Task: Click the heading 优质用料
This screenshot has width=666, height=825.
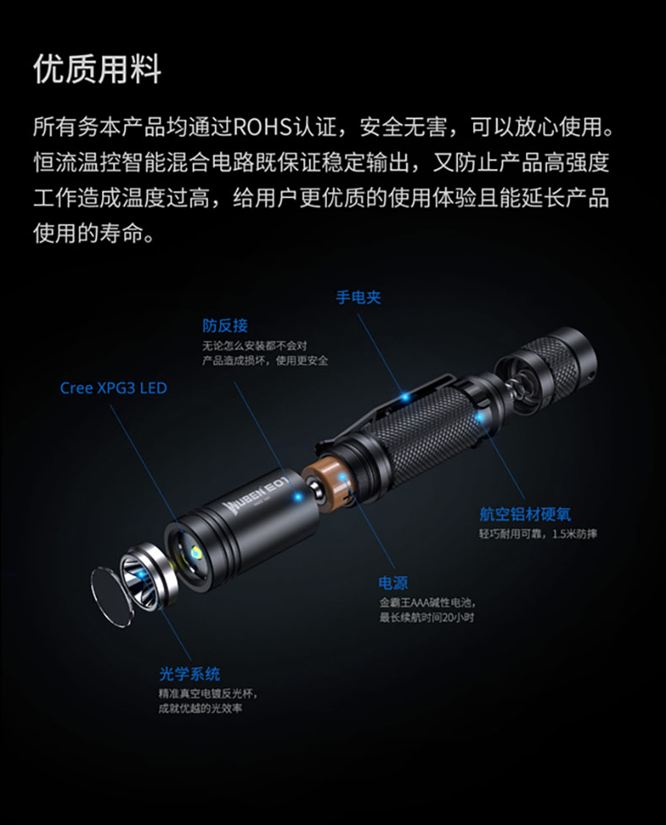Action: [98, 69]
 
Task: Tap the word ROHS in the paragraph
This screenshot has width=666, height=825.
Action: [261, 126]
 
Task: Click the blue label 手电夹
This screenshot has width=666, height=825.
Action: [358, 297]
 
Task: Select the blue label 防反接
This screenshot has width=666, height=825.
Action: [225, 325]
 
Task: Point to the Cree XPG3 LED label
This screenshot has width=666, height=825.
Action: [113, 388]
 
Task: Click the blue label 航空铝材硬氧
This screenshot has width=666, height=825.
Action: [525, 514]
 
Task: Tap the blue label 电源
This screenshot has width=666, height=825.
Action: [393, 583]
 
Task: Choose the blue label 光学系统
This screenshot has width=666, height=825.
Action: [190, 674]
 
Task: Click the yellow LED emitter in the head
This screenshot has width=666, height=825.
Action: [196, 552]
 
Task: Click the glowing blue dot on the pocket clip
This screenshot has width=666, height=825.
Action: [405, 397]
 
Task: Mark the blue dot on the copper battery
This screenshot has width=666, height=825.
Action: [343, 478]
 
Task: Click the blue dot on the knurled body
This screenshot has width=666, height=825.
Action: [480, 417]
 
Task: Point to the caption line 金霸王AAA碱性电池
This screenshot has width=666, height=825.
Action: [427, 603]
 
